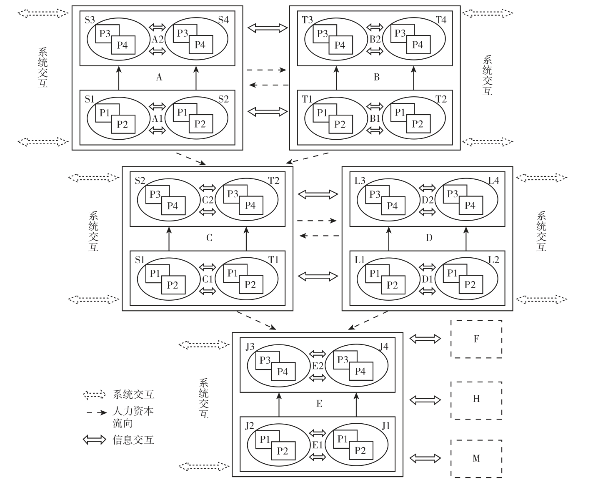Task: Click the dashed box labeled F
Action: [476, 339]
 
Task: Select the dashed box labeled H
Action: [476, 400]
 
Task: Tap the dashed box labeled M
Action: [476, 458]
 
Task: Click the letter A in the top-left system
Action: [159, 77]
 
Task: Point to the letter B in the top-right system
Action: [376, 77]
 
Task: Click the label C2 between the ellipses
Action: [208, 200]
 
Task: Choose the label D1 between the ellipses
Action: [427, 279]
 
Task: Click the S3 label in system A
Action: [90, 20]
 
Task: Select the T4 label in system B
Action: [441, 20]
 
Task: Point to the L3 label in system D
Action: [360, 181]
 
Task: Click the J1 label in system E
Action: [386, 426]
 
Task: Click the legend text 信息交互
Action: [133, 440]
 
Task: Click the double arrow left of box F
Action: [425, 339]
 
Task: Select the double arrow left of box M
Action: [425, 458]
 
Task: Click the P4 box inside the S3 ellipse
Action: [123, 45]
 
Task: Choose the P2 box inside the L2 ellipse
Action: [470, 285]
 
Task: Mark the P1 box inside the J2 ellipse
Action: [265, 440]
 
